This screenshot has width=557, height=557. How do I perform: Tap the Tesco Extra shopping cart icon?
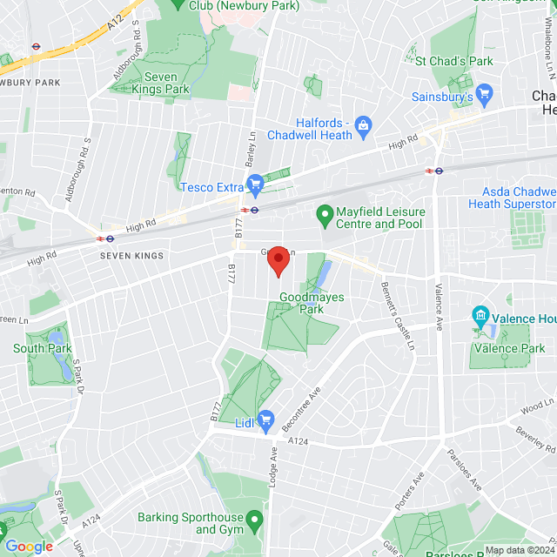click(255, 184)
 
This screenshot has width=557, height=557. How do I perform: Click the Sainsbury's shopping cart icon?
click(486, 93)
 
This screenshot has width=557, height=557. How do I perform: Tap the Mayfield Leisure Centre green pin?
click(325, 213)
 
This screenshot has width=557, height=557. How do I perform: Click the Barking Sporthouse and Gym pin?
click(255, 522)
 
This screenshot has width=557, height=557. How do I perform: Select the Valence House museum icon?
click(480, 315)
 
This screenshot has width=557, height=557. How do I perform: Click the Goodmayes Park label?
click(311, 303)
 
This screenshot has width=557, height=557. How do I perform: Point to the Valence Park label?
click(507, 348)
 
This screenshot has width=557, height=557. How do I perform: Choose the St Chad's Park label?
click(453, 61)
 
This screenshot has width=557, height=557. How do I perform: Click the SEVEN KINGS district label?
click(131, 255)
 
